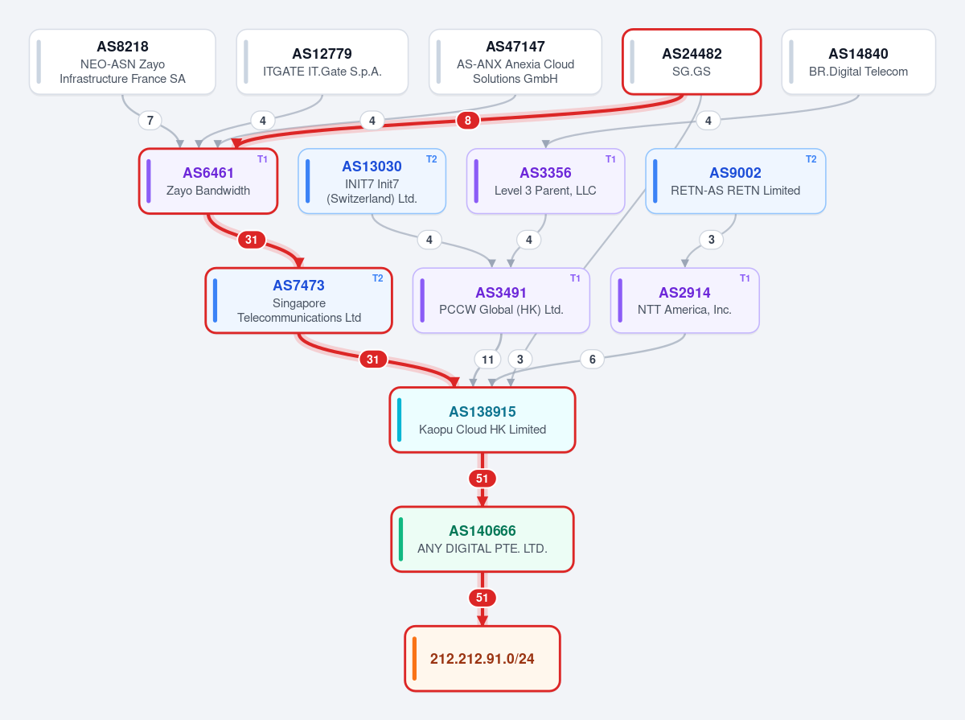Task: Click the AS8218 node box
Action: click(x=122, y=62)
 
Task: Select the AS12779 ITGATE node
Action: click(x=322, y=62)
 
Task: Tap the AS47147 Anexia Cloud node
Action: click(x=515, y=62)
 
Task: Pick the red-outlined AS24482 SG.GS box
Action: click(x=692, y=62)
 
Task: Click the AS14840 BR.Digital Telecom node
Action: click(x=858, y=62)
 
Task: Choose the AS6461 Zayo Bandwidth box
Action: click(x=208, y=181)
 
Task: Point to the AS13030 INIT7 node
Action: click(x=372, y=181)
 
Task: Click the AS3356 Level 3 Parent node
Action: click(x=545, y=181)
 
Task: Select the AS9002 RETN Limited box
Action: click(x=736, y=181)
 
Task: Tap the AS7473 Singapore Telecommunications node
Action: click(x=299, y=300)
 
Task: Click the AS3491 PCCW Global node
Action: click(x=501, y=300)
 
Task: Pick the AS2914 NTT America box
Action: click(x=684, y=300)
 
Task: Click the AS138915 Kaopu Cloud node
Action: click(x=482, y=420)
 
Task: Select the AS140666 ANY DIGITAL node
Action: click(x=482, y=539)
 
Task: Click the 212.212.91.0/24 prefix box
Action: click(x=482, y=658)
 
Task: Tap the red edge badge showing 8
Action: click(x=468, y=120)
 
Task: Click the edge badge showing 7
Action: click(x=150, y=120)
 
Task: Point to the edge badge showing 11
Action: click(x=487, y=360)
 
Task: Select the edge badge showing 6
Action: click(x=592, y=360)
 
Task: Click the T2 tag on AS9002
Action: click(x=811, y=159)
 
